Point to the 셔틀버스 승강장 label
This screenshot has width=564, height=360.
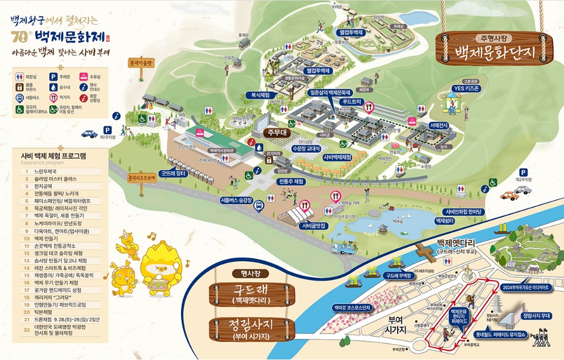[x=236, y=200]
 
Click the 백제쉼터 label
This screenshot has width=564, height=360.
[x=445, y=220]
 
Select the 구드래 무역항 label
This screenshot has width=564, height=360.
[x=399, y=275]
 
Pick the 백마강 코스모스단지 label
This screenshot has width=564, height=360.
[x=351, y=307]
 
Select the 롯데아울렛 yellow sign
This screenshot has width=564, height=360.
[x=141, y=61]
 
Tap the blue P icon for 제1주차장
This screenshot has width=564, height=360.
[x=107, y=129]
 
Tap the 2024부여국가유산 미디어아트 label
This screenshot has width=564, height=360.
[x=525, y=288]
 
